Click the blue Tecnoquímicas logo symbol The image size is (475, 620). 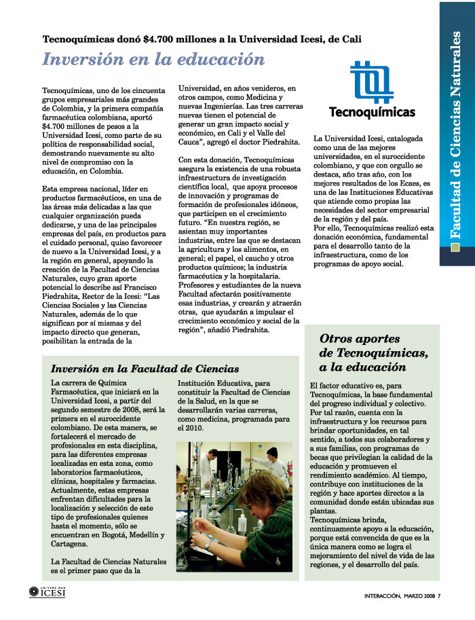[x=371, y=81]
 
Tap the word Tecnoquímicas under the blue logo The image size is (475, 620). [x=372, y=111]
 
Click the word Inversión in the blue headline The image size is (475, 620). [x=77, y=60]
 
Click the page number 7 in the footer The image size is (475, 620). [x=439, y=597]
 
